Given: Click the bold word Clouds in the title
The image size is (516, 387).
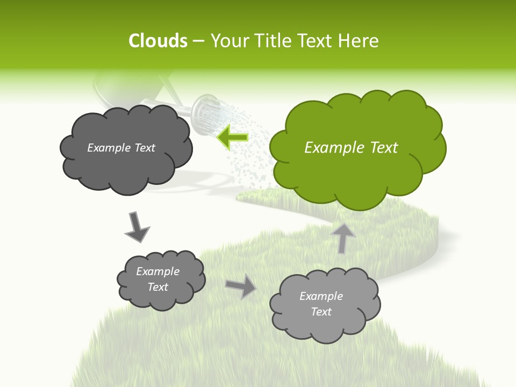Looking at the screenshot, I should (x=157, y=41).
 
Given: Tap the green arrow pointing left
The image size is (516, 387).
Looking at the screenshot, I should (x=233, y=137).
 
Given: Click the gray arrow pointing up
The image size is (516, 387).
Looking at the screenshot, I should (x=342, y=238).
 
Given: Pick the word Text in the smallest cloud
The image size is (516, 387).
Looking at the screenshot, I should (x=157, y=287).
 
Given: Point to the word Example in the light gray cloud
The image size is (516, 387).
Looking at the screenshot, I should (x=321, y=296).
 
